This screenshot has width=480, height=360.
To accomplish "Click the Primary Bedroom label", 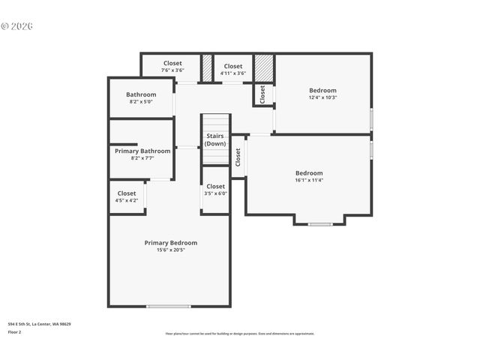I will click(171, 242).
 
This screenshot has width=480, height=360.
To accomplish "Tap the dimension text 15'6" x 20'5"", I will click(171, 250).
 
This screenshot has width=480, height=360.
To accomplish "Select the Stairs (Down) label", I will click(215, 139).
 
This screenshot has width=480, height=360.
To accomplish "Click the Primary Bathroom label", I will click(142, 151).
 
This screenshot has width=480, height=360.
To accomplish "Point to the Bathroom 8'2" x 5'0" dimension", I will click(142, 101).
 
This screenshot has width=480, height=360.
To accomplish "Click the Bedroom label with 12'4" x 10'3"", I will click(322, 90).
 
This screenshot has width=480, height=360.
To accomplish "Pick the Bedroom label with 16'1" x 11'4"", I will click(309, 172).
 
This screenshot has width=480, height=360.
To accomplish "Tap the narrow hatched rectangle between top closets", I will click(207, 67).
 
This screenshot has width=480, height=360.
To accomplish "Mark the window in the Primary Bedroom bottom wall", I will click(168, 306).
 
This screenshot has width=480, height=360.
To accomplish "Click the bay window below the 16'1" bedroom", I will click(320, 223).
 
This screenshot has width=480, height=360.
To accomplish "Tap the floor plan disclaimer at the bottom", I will click(240, 334).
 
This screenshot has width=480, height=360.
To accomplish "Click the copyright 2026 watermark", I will click(17, 26).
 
